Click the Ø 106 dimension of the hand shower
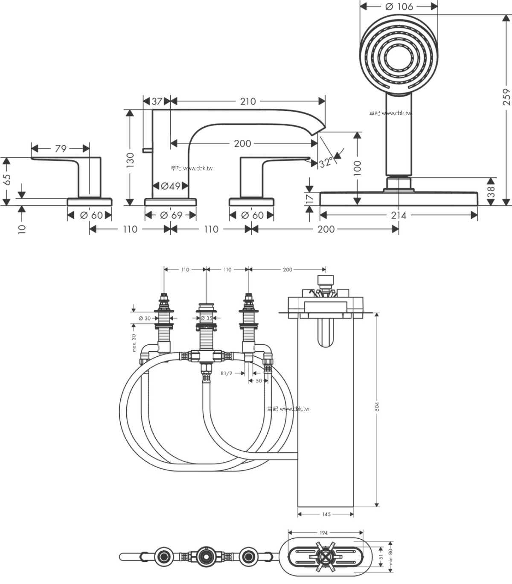[x=399, y=6]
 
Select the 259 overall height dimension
[x=506, y=97]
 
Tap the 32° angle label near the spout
[x=326, y=162]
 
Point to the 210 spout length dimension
[x=247, y=101]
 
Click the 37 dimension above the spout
[x=157, y=101]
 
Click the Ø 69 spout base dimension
[x=171, y=215]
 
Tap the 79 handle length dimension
[x=61, y=149]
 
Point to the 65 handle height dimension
[x=7, y=179]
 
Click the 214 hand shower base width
[x=399, y=215]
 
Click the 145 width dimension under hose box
[x=326, y=514]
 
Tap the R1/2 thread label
[x=227, y=373]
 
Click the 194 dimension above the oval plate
[x=323, y=533]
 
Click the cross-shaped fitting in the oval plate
[x=326, y=557]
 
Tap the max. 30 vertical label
[x=134, y=343]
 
